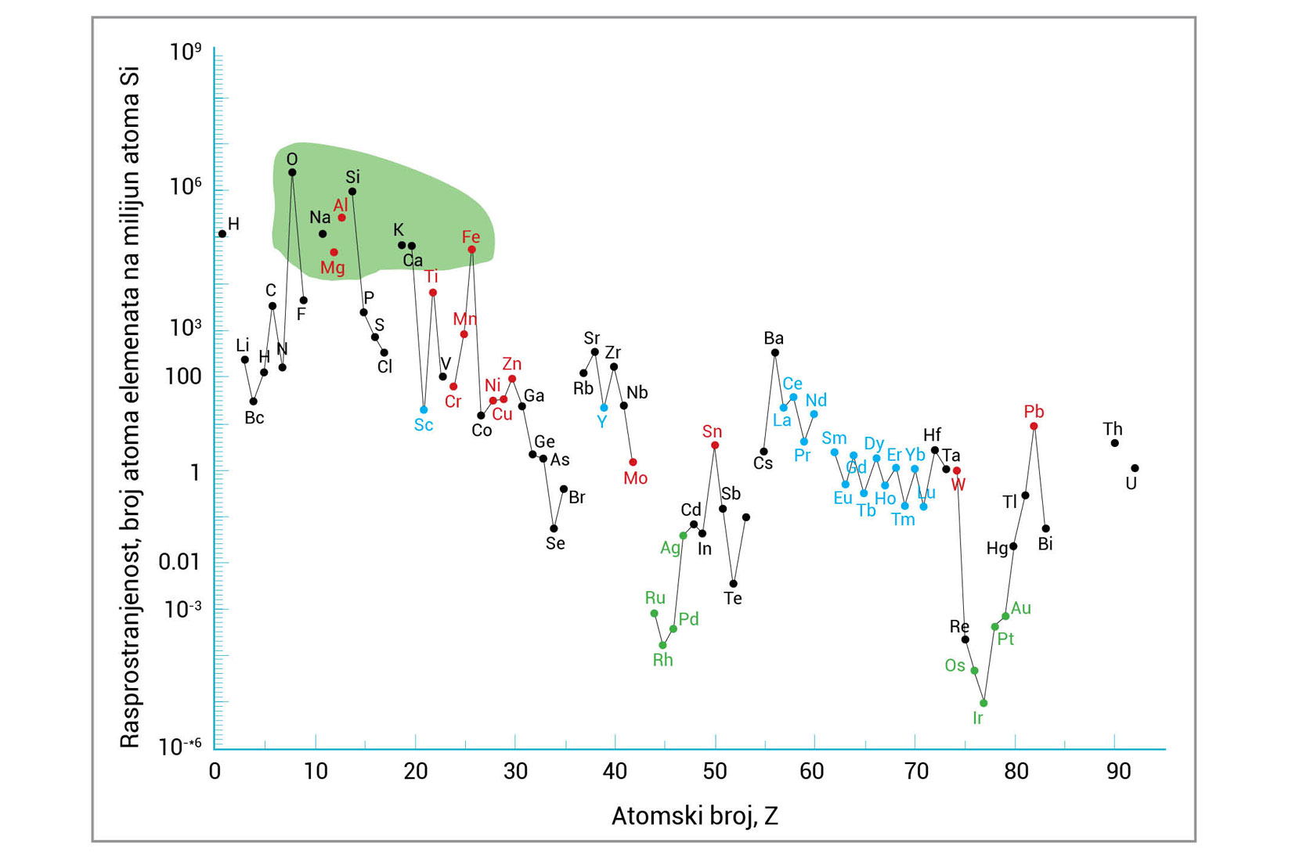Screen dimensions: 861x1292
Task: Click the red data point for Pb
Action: tap(1034, 427)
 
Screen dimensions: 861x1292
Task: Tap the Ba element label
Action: tap(774, 338)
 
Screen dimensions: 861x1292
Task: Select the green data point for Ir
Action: tap(983, 703)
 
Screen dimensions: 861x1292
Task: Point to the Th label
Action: tap(1113, 429)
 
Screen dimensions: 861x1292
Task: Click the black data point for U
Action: tap(1135, 468)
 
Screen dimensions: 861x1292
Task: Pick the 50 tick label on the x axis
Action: tap(714, 772)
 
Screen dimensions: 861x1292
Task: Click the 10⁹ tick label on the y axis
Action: tap(186, 52)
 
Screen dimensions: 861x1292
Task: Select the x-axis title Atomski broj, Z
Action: tap(695, 816)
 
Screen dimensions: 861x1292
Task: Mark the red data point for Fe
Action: tap(471, 250)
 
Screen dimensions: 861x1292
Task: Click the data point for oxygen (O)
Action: tap(292, 173)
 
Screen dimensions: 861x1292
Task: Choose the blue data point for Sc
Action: tap(424, 409)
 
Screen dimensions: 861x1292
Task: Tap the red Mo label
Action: tap(635, 478)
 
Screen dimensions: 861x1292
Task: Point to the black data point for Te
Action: tap(733, 584)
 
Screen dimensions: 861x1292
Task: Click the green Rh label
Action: tap(662, 660)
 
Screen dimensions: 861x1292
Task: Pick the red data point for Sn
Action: tap(715, 445)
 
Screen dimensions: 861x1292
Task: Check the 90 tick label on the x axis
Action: tap(1118, 772)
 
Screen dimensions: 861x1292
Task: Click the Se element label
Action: tap(555, 543)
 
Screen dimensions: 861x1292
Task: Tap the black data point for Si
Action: tap(352, 192)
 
